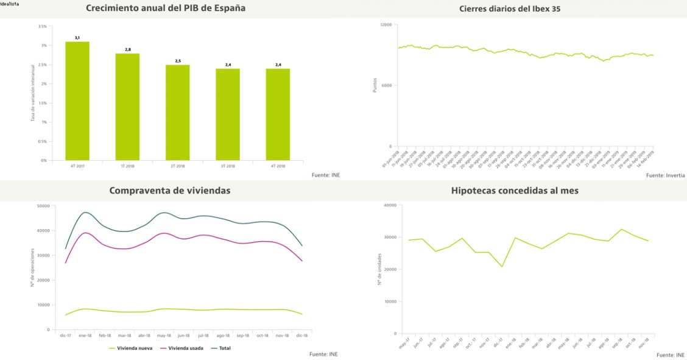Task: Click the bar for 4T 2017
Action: (x=77, y=101)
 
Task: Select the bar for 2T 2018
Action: (x=177, y=113)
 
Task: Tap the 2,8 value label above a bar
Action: (x=127, y=49)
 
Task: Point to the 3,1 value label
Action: (x=77, y=38)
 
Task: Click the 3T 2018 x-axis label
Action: (x=227, y=166)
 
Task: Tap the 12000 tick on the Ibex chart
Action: (x=386, y=24)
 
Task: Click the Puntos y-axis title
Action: (x=375, y=85)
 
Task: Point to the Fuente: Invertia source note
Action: (x=665, y=175)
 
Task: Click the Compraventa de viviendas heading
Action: (x=170, y=190)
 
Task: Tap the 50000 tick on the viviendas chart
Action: (x=43, y=206)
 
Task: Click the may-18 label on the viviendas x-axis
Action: (x=164, y=336)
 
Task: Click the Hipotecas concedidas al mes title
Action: (x=515, y=190)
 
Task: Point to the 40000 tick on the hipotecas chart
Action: (x=389, y=205)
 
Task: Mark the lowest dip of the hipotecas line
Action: (x=502, y=267)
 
